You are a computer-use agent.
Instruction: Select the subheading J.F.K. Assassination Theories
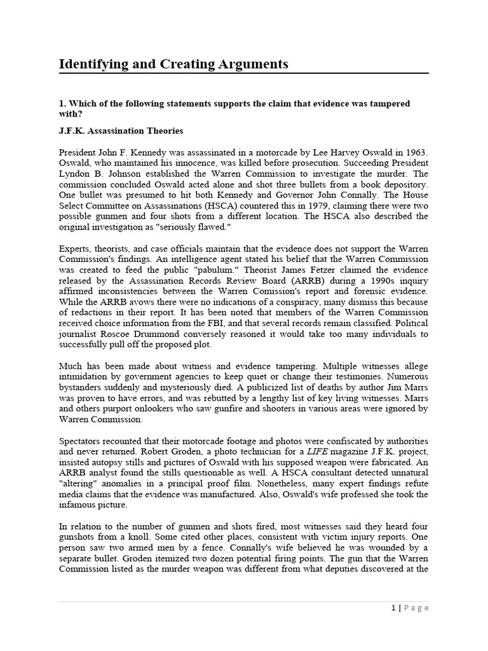(x=121, y=131)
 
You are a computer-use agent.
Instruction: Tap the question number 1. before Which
(x=62, y=103)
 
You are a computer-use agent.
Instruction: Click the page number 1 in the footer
(x=394, y=608)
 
